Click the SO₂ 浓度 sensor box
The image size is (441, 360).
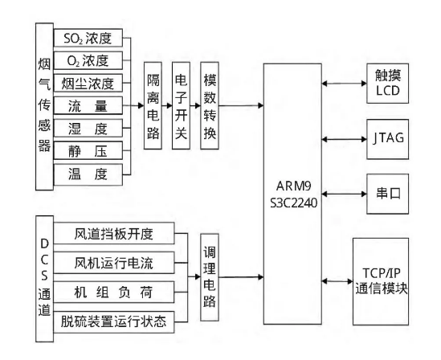(88, 38)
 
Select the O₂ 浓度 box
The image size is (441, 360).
(88, 60)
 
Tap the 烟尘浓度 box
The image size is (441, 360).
(88, 83)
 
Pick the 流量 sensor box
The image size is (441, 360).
(88, 105)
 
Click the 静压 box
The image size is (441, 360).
(88, 151)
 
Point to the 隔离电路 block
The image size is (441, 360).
(153, 105)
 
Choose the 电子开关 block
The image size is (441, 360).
(181, 105)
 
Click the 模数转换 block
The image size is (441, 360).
(210, 105)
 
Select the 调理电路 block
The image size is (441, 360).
(210, 277)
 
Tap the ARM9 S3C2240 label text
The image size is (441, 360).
(293, 194)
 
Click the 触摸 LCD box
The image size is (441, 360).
(387, 84)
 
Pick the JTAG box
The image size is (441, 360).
(387, 139)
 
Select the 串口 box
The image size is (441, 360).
(387, 194)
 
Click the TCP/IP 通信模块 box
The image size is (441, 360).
(381, 281)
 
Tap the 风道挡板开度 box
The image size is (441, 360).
(113, 233)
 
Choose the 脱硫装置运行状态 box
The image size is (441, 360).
(113, 321)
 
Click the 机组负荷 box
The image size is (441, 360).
(113, 292)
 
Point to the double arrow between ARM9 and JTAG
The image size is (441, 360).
(345, 139)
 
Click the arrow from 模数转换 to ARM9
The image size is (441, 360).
(241, 105)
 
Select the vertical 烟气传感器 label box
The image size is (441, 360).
(44, 107)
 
